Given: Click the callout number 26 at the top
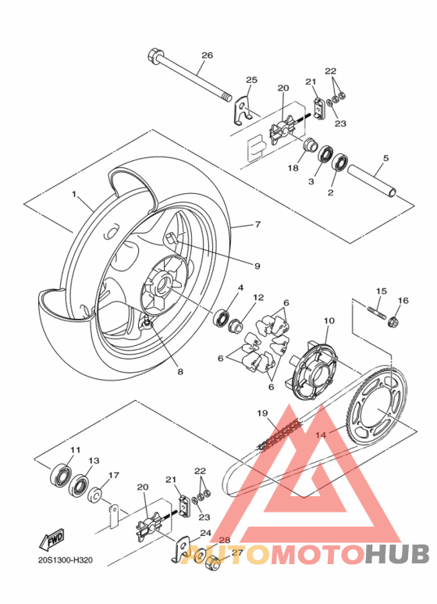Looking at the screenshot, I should click(207, 55).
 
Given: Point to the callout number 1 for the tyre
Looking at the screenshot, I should click(75, 193).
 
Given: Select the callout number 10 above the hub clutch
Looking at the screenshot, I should click(328, 320).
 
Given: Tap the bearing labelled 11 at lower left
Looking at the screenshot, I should click(61, 477).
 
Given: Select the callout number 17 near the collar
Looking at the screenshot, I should click(113, 474).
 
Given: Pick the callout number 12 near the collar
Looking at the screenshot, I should click(258, 298).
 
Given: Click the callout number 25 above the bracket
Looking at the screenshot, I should click(251, 80).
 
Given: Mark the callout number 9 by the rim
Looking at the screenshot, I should click(257, 266).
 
